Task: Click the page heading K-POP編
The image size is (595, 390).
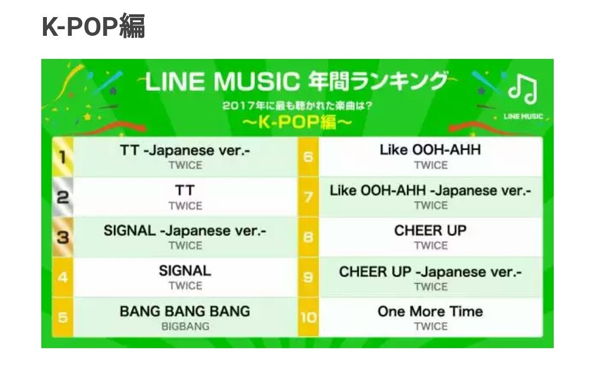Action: tap(93, 26)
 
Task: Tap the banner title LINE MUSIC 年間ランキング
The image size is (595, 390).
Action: tap(297, 82)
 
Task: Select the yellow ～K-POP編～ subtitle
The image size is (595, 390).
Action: tap(297, 122)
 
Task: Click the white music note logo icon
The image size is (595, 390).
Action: tap(523, 89)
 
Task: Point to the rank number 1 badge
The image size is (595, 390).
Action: tap(63, 157)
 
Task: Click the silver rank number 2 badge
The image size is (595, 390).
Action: tap(63, 197)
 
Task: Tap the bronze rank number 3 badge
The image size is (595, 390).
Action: tap(63, 237)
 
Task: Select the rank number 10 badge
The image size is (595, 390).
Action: tap(309, 317)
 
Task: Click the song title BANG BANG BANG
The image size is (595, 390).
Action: tap(185, 311)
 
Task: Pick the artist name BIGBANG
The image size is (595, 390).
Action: tap(185, 327)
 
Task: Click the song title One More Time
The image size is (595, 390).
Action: tap(430, 311)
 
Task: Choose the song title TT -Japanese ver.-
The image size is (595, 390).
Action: tap(185, 150)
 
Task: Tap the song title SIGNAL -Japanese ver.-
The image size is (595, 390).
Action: tap(185, 231)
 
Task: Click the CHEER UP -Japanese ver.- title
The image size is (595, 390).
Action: tap(430, 272)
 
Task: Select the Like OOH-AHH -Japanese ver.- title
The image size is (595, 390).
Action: tap(430, 191)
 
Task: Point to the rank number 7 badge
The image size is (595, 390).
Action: tap(309, 197)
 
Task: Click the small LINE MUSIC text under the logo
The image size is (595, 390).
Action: tap(523, 116)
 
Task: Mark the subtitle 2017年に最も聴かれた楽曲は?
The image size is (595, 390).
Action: tap(297, 105)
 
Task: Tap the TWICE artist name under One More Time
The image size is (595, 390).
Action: tap(431, 327)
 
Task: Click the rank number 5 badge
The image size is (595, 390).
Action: tap(63, 317)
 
